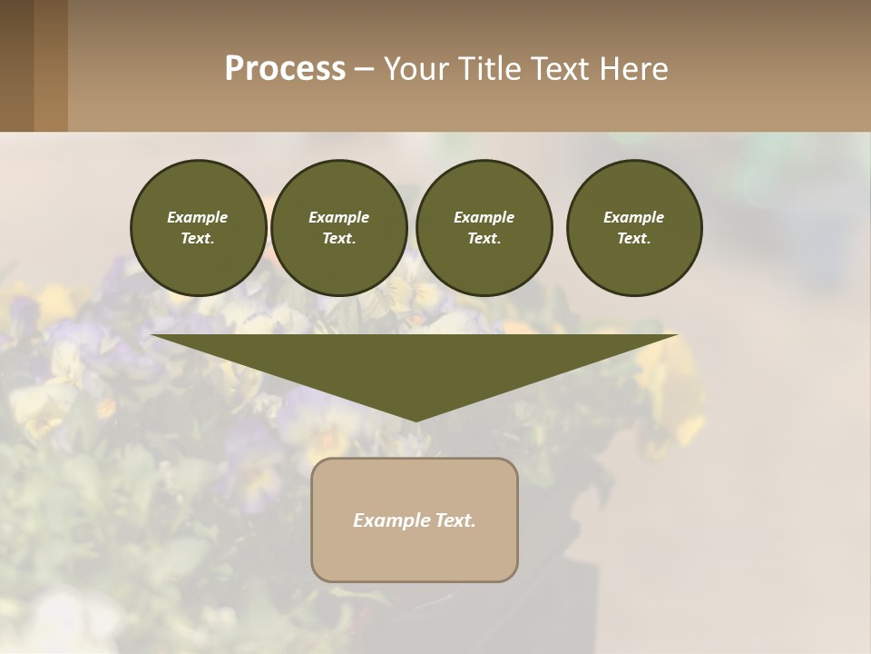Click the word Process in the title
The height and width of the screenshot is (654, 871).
tap(285, 69)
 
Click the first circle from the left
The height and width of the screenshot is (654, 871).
tap(199, 228)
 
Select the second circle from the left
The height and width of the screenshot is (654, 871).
tap(338, 228)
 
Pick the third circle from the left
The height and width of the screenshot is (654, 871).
tap(484, 228)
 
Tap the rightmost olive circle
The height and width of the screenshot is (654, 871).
tap(634, 228)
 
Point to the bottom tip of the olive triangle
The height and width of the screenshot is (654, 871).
tap(416, 419)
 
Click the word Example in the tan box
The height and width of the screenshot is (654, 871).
tap(388, 520)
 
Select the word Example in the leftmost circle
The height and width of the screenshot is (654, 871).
tap(198, 217)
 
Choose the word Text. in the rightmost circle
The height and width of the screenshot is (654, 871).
tap(634, 238)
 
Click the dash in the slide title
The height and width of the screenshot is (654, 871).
tap(364, 69)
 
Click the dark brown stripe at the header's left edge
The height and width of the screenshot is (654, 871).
tap(16, 65)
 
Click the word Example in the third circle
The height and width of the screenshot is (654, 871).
tap(484, 217)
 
